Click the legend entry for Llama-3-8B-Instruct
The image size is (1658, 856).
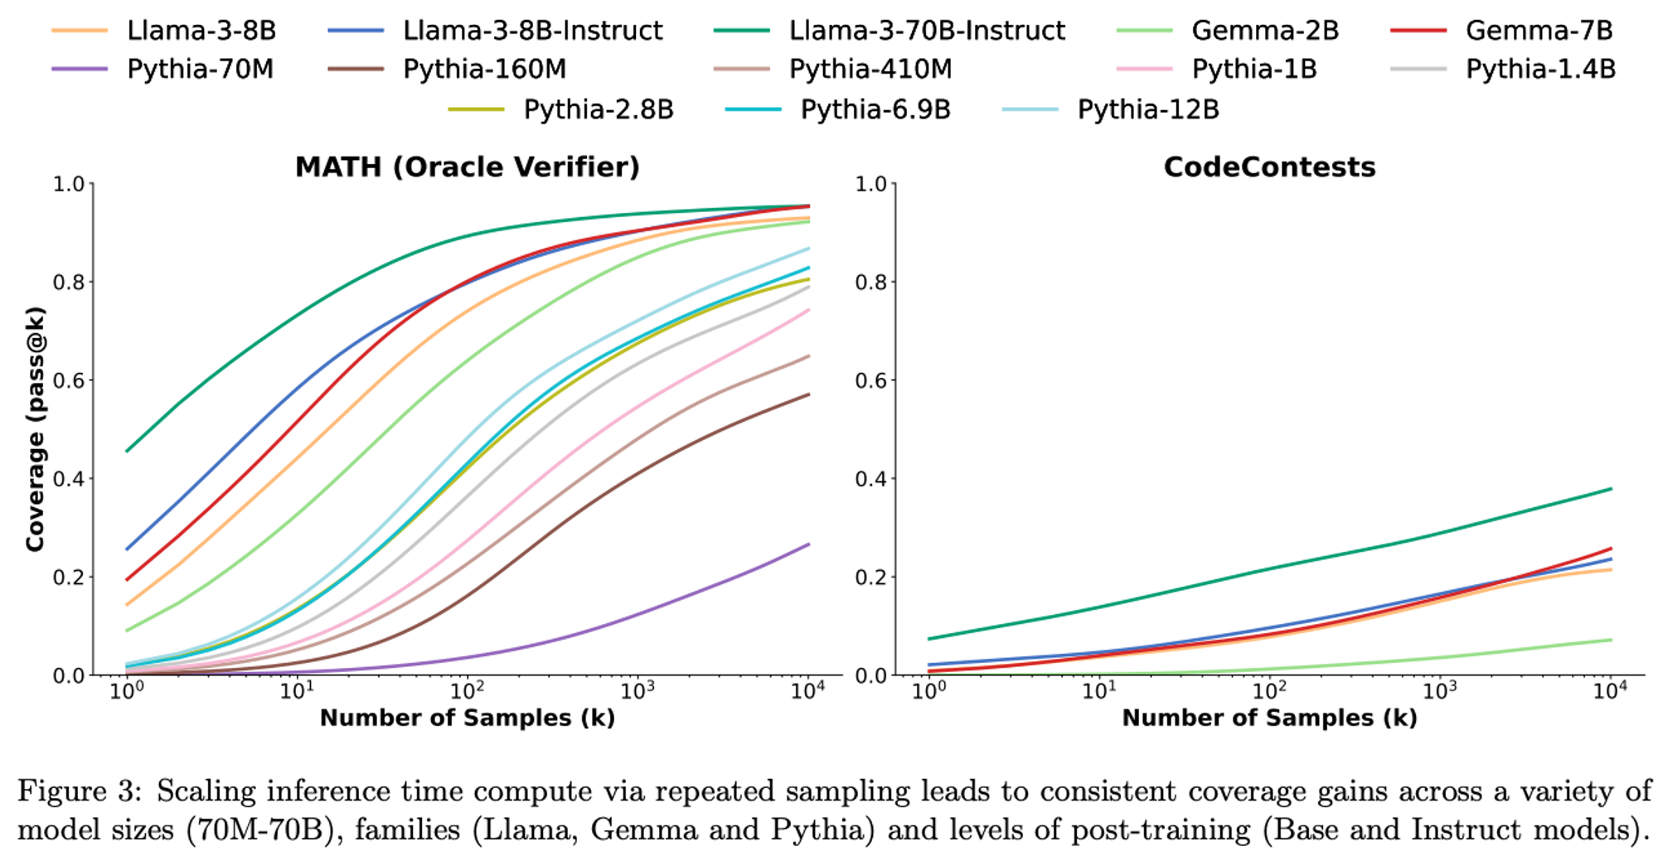click(531, 31)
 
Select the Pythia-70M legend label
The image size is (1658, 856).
click(199, 70)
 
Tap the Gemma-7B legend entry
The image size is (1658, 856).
click(1538, 31)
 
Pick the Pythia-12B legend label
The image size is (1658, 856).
click(1147, 109)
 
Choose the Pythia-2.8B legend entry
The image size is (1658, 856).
click(598, 109)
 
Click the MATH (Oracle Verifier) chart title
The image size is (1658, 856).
click(468, 167)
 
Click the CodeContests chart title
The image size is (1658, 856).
click(1269, 167)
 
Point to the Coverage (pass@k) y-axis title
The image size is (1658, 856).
click(35, 428)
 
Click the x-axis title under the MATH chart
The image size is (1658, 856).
click(468, 718)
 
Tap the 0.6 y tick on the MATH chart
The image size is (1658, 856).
click(69, 380)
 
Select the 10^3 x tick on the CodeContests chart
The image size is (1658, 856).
click(1439, 690)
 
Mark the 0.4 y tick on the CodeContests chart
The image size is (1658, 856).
click(871, 479)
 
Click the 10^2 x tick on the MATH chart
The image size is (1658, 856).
click(467, 690)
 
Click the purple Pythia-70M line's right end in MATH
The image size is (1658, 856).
click(808, 544)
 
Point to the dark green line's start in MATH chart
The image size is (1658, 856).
click(127, 451)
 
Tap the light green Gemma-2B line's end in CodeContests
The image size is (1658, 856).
click(1611, 640)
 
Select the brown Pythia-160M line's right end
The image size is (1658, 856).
click(808, 394)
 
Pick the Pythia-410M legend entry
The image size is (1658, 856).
click(870, 70)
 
